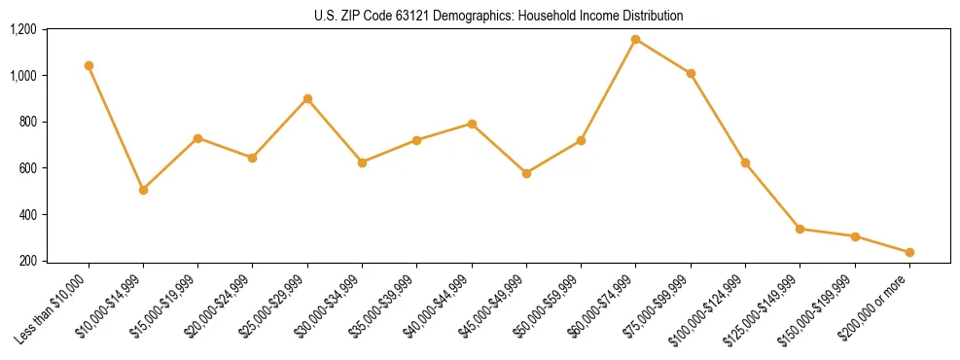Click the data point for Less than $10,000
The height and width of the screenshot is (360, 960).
pos(89,66)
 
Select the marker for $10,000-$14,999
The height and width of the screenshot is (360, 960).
pos(143,190)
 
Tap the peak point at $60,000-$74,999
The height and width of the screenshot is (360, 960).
pos(635,40)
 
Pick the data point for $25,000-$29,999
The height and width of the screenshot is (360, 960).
pos(307,99)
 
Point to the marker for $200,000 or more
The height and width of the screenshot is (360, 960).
pos(909,252)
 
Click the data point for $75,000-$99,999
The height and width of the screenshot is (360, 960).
pos(691,74)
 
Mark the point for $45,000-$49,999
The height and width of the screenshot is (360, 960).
pos(526,173)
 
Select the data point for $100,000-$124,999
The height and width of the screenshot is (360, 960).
pos(745,162)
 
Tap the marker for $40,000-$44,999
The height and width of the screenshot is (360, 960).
pos(472,124)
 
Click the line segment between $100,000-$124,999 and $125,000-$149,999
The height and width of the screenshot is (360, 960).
pos(772,196)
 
